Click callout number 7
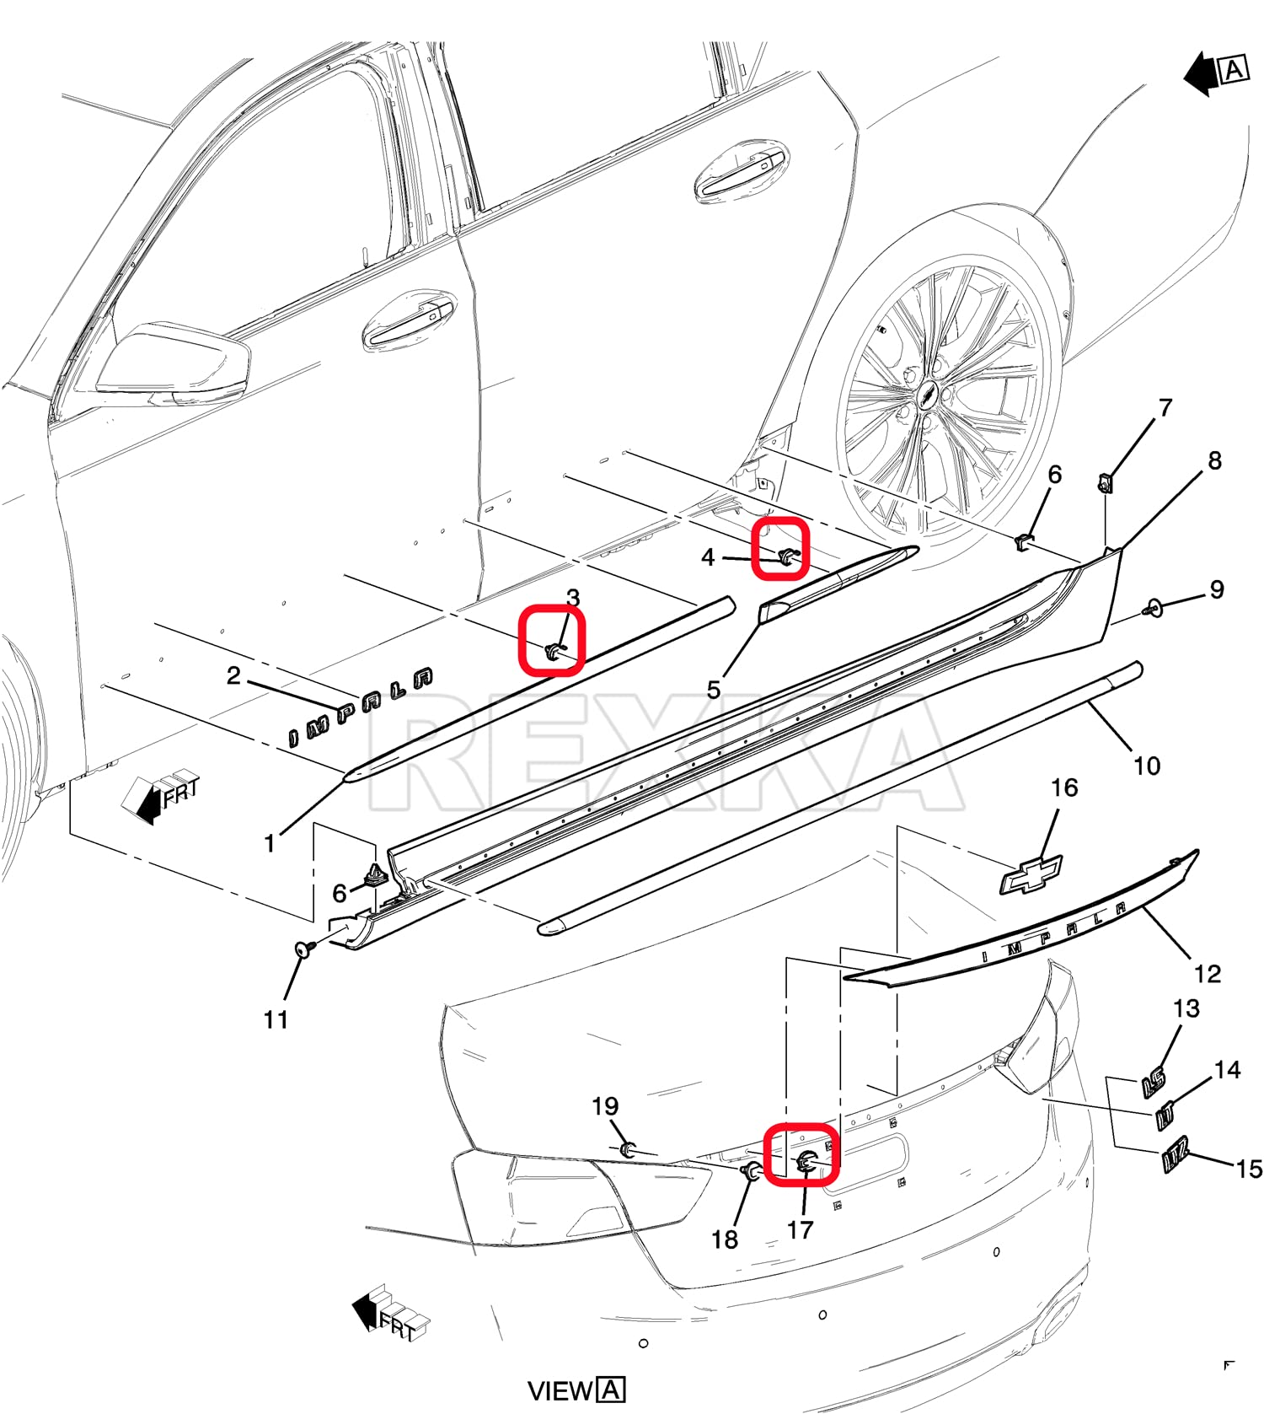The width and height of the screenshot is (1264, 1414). click(x=1165, y=408)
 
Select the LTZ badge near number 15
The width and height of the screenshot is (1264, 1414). click(x=1176, y=1153)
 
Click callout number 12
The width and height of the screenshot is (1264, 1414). click(x=1207, y=974)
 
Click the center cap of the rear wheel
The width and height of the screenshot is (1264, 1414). click(x=928, y=395)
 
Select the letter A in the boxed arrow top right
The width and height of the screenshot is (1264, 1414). click(x=1234, y=69)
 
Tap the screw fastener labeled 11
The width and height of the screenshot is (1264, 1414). click(x=304, y=949)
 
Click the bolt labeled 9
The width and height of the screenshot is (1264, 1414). click(x=1153, y=606)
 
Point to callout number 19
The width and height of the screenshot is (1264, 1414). click(x=605, y=1105)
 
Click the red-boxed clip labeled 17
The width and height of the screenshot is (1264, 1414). click(x=804, y=1164)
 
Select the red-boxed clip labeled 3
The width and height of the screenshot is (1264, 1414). click(x=553, y=650)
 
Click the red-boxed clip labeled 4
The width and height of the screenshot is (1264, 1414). click(x=785, y=555)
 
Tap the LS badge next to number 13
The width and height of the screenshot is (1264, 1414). click(x=1154, y=1082)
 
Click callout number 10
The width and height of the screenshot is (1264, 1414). click(x=1146, y=766)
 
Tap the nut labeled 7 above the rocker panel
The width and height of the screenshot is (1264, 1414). click(x=1105, y=484)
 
